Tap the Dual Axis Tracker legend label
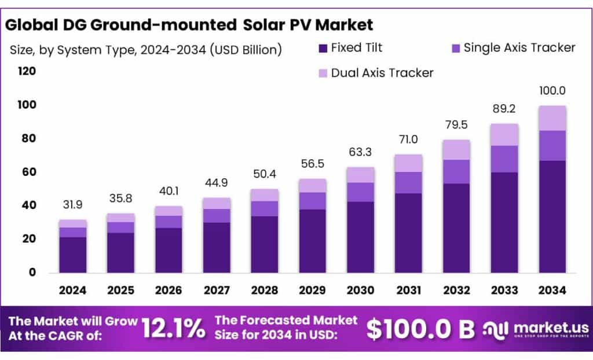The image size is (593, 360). click(382, 73)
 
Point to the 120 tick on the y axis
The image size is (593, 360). click(27, 71)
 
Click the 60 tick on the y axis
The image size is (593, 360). click(29, 172)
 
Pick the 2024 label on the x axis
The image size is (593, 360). click(72, 289)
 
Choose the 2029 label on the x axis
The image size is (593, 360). click(312, 289)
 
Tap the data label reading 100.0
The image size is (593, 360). click(551, 91)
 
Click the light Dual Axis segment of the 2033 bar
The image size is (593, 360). click(504, 134)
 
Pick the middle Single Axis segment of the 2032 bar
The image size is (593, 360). click(456, 171)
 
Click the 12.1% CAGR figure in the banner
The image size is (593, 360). click(174, 329)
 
